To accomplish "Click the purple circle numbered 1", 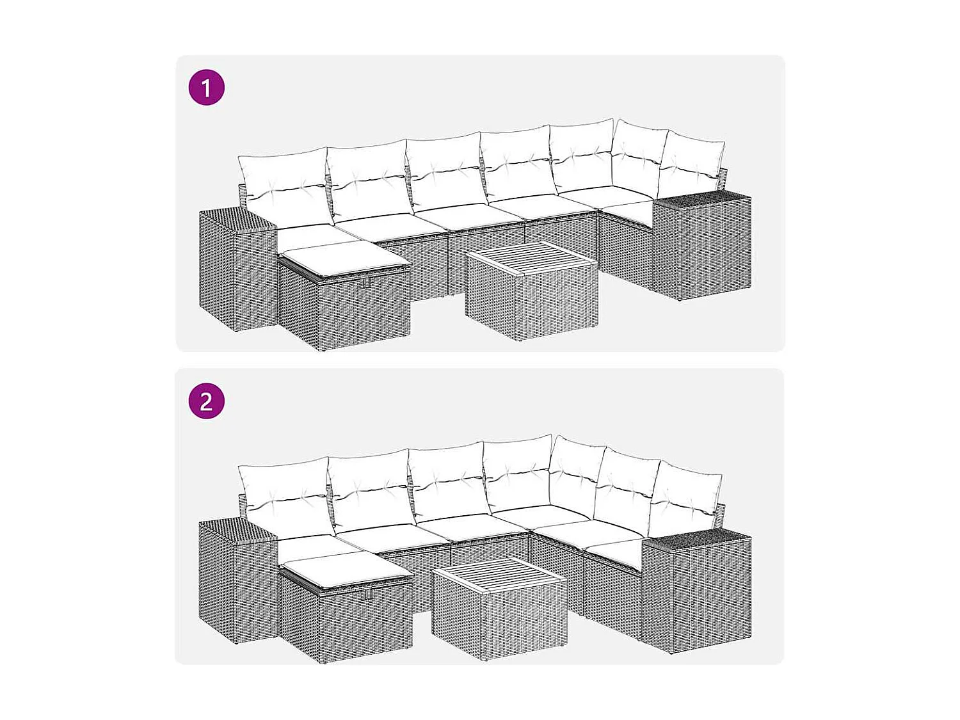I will pyautogui.click(x=206, y=88).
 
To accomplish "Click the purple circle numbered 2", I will pyautogui.click(x=206, y=401).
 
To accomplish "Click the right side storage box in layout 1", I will pyautogui.click(x=702, y=246).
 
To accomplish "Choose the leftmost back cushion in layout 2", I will pyautogui.click(x=285, y=493).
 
